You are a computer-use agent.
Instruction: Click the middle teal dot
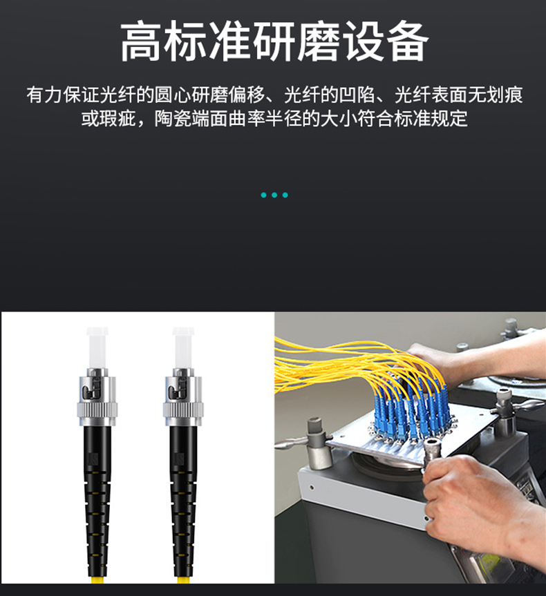click(x=274, y=195)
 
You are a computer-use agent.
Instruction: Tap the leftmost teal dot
click(x=264, y=195)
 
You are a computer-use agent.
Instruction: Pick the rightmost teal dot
click(x=285, y=195)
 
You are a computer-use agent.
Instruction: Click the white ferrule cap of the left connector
click(x=97, y=347)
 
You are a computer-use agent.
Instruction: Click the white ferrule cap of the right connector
click(x=183, y=347)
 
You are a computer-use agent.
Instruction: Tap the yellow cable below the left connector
click(x=97, y=580)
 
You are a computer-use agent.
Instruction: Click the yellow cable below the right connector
click(x=183, y=580)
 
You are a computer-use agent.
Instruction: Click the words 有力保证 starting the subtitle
click(x=63, y=95)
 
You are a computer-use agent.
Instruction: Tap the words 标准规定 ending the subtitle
click(x=431, y=119)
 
